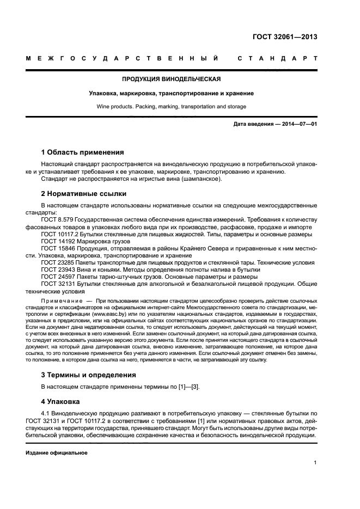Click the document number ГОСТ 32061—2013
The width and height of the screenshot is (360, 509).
point(285,37)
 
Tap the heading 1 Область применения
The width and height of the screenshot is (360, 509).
point(82,152)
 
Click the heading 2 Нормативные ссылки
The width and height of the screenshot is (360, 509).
point(83,193)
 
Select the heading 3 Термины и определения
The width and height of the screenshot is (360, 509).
point(89,375)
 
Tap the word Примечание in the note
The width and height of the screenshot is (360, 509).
point(61,301)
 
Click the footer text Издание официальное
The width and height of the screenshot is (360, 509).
point(57,452)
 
